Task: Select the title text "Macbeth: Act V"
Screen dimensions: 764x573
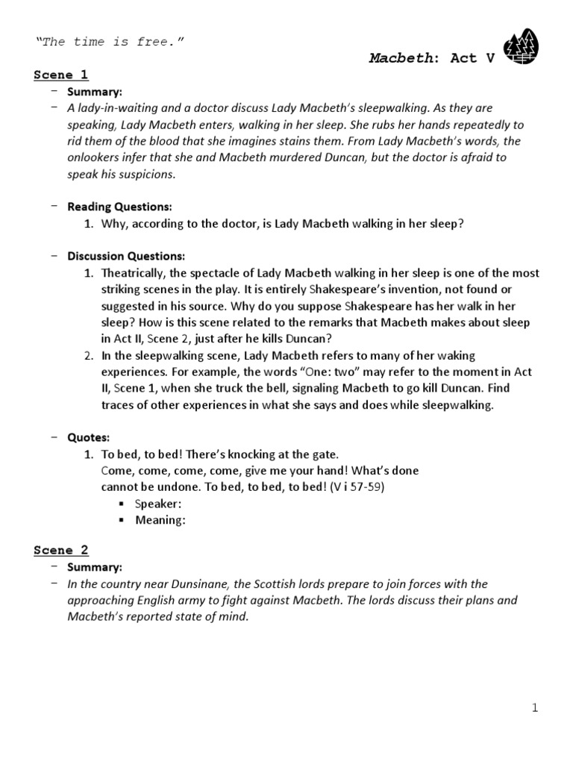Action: tap(432, 58)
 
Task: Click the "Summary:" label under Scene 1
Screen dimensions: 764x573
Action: tap(95, 92)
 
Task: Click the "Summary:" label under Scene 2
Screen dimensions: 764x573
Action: tap(95, 567)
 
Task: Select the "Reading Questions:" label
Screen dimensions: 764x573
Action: tap(119, 207)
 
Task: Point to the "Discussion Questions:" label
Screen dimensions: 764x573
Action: tap(126, 256)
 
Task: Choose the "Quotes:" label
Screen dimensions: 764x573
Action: tap(88, 437)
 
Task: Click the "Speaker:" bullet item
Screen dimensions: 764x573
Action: tap(158, 504)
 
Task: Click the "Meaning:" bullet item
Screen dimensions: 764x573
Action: tap(159, 520)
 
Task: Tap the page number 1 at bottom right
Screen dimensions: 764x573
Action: tap(535, 708)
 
